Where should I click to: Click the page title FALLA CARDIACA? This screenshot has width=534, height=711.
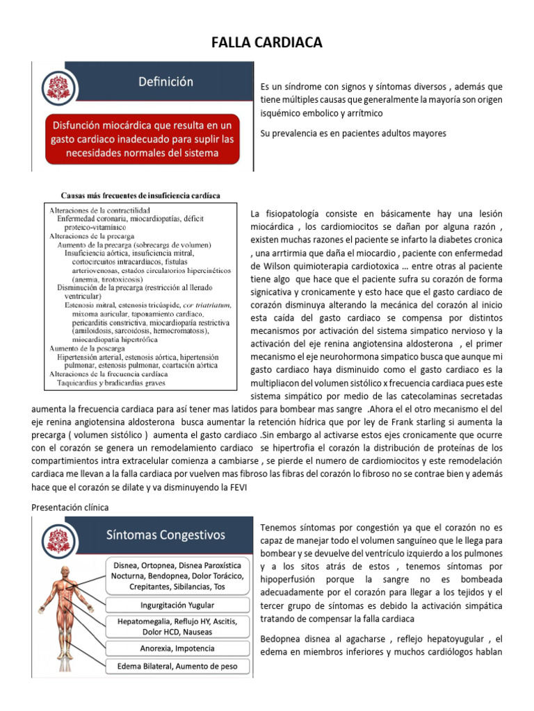coord(267,44)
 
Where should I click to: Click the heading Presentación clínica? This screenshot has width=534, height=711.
coord(70,508)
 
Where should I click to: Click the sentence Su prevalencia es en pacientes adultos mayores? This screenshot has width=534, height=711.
coord(353,133)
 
